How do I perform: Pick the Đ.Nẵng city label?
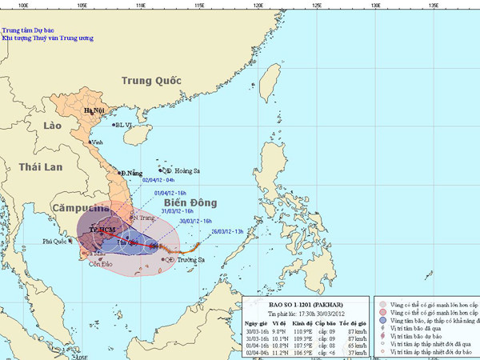click(x=131, y=173)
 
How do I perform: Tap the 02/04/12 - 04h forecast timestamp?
click(x=159, y=181)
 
